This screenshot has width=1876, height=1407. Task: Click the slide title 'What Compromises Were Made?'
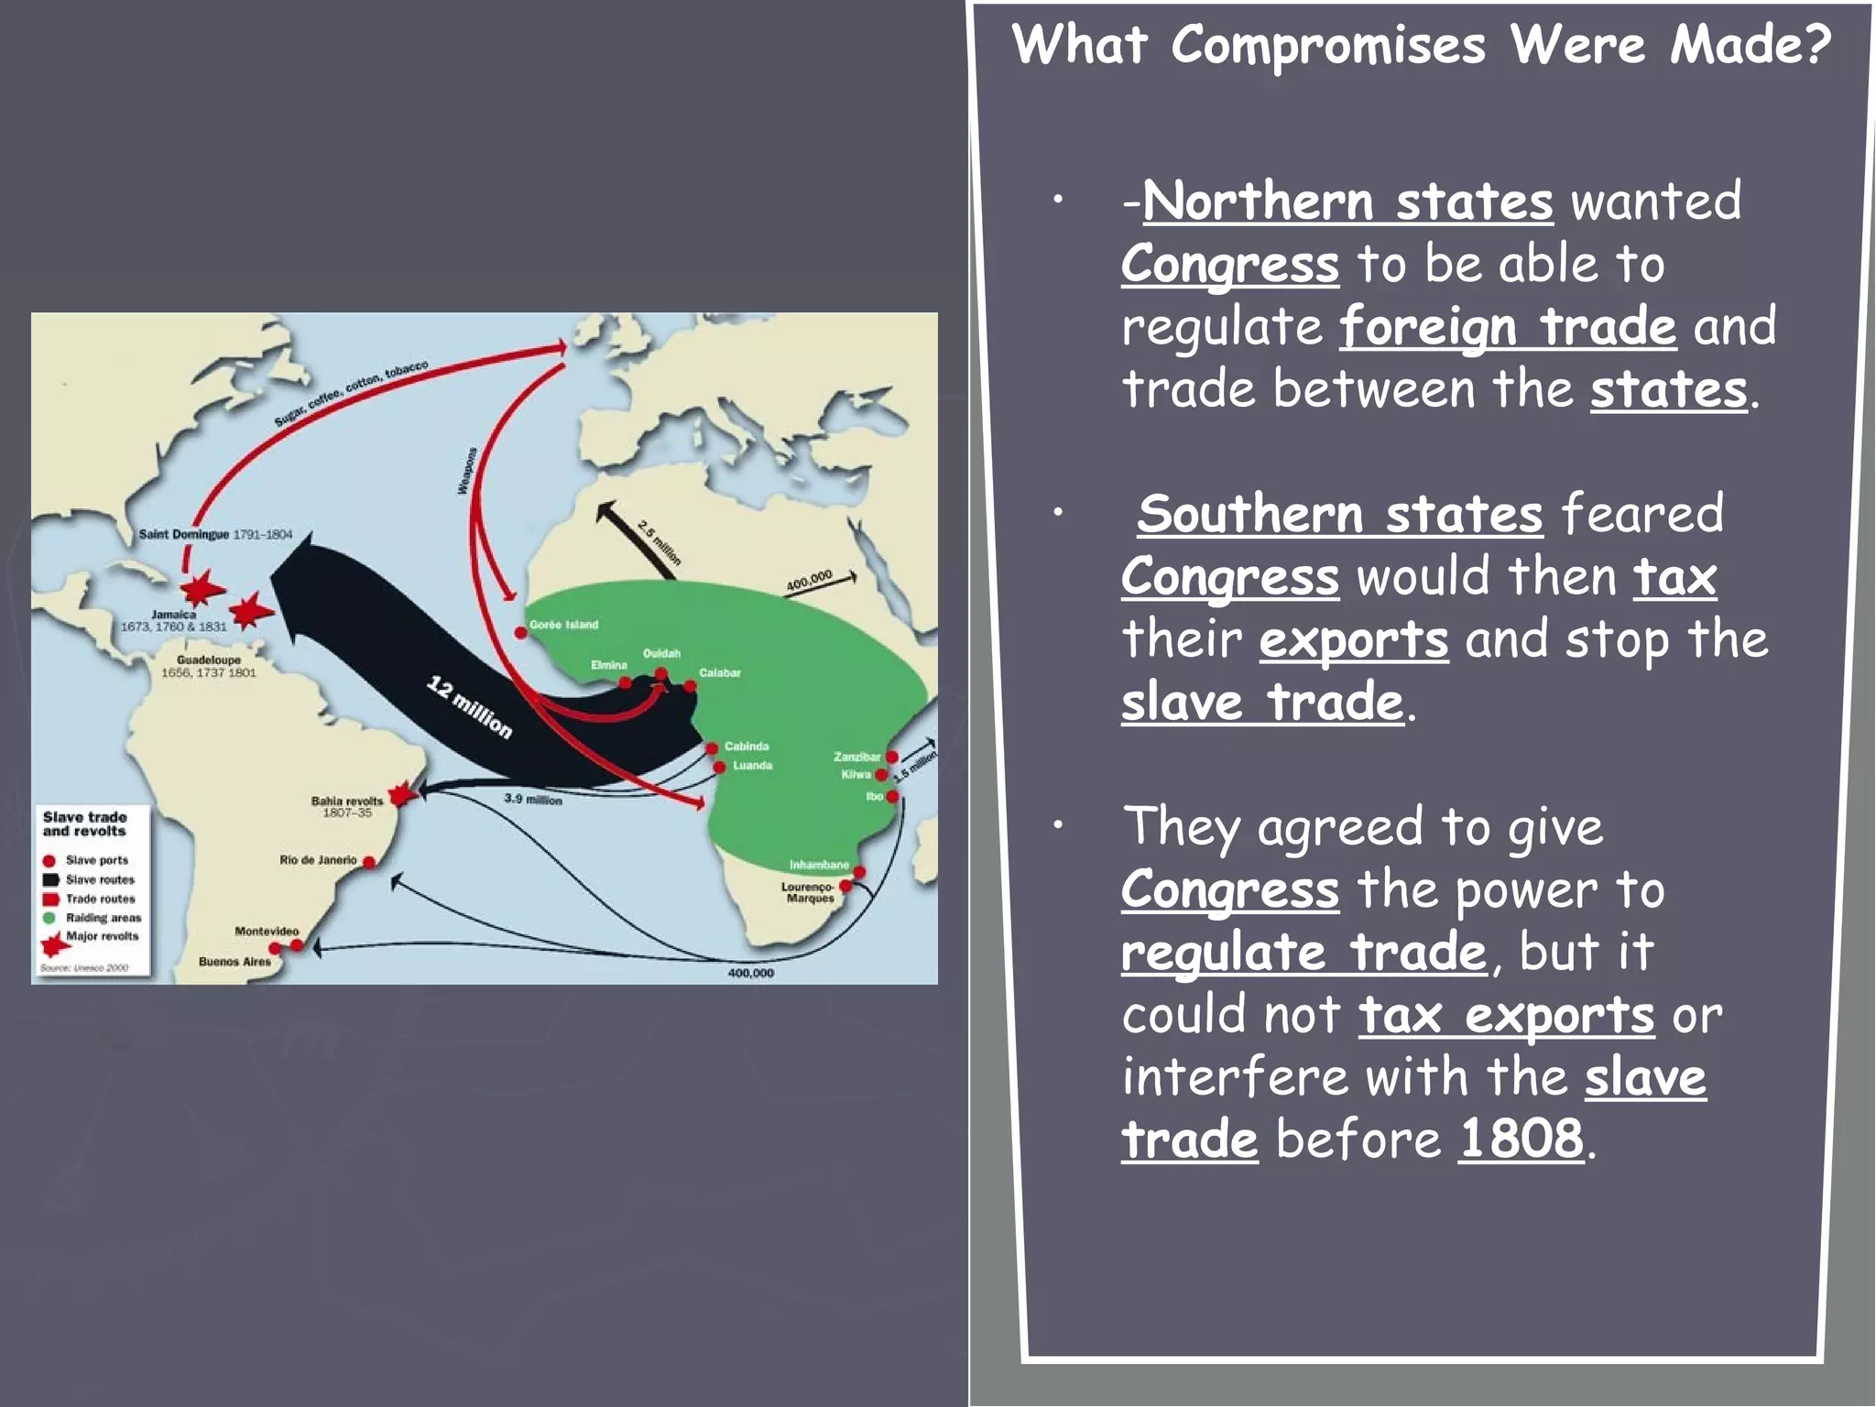click(x=1421, y=46)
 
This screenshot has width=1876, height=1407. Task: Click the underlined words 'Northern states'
click(x=1347, y=202)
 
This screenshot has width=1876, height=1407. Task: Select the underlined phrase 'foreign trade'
click(x=1508, y=327)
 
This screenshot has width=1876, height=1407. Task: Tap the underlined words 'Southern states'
click(x=1340, y=515)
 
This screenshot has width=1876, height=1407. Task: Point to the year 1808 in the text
click(x=1521, y=1140)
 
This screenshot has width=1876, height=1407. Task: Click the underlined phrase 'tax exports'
click(x=1506, y=1015)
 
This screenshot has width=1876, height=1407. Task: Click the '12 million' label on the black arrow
click(x=469, y=706)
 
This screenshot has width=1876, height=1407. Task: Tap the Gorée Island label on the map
click(x=563, y=625)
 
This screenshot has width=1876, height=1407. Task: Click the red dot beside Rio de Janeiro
click(x=369, y=862)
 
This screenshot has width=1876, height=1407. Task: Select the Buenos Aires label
click(x=234, y=962)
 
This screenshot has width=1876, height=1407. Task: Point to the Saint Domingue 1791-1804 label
click(x=215, y=534)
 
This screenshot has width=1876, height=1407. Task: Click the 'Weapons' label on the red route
click(x=467, y=471)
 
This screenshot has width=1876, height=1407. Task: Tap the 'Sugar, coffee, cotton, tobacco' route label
click(x=351, y=394)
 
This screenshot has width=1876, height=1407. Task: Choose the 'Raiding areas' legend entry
click(x=103, y=918)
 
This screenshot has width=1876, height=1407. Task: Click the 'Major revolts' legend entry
click(x=102, y=936)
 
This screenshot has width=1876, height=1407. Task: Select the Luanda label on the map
click(x=752, y=766)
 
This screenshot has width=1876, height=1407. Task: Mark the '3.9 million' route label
click(x=533, y=800)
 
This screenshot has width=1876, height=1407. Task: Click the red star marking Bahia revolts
click(x=401, y=794)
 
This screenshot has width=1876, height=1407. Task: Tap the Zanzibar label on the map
click(x=856, y=757)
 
